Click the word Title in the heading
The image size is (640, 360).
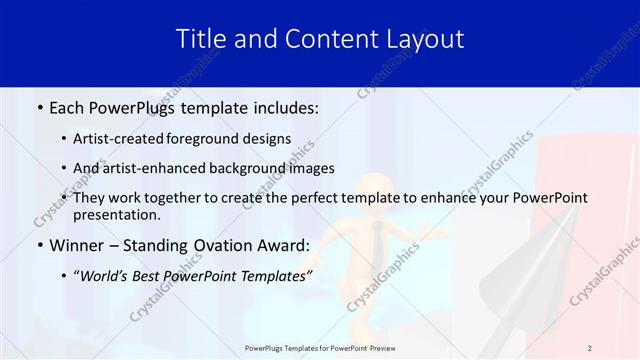click(x=198, y=39)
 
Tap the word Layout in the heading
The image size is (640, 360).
click(x=423, y=39)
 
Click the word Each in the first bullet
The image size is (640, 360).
click(x=67, y=106)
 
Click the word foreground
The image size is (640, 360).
click(x=214, y=139)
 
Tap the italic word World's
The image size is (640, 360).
click(x=106, y=276)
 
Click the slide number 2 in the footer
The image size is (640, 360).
click(x=589, y=348)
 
